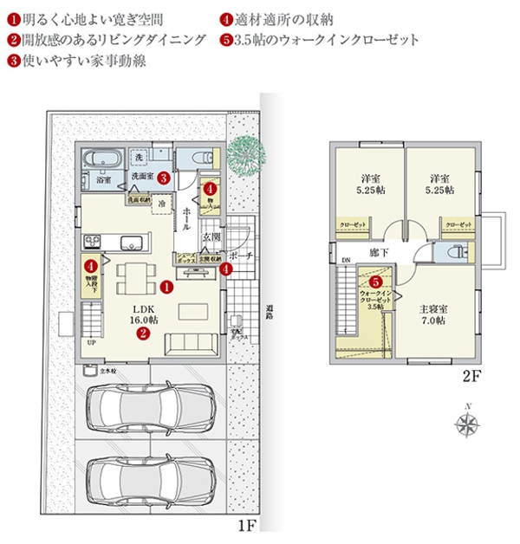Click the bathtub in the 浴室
tap(102, 160)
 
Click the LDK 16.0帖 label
tap(143, 313)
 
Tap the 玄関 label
tap(212, 235)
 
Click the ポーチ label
tap(242, 256)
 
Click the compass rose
tap(469, 423)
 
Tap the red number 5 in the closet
tap(375, 282)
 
